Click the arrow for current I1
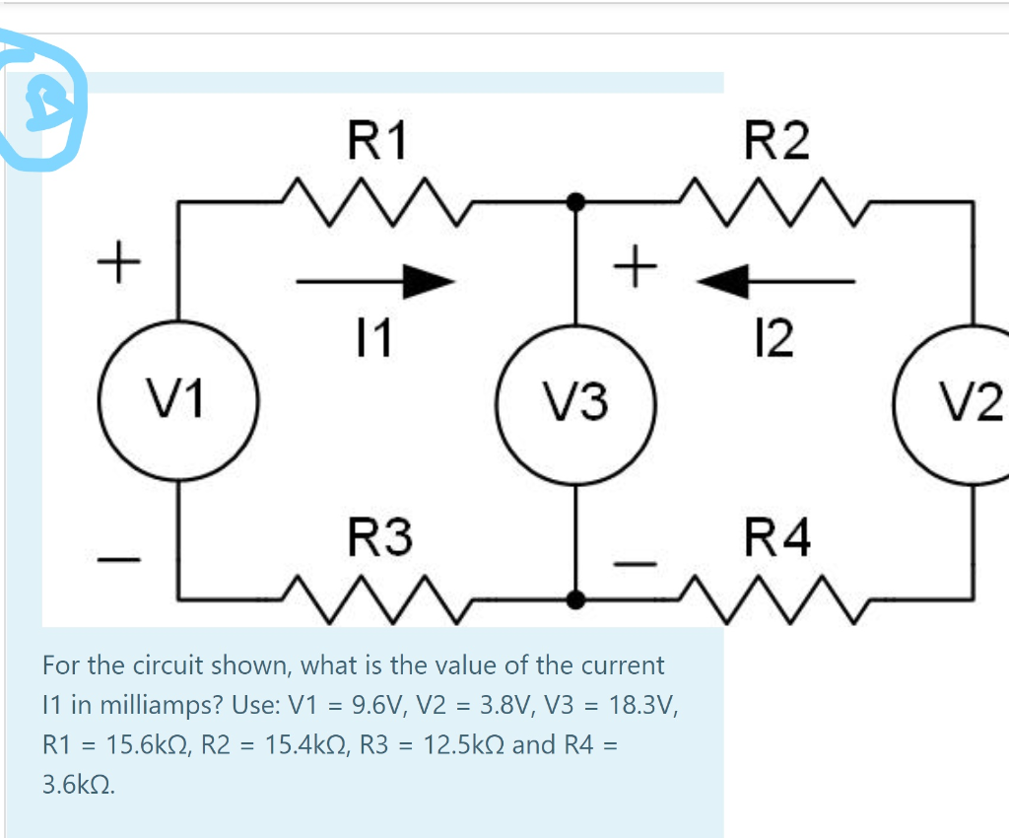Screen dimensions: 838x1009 [376, 281]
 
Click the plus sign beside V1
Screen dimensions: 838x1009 [119, 265]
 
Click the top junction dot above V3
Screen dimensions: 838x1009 [578, 202]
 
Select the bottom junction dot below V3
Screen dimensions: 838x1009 [578, 598]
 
